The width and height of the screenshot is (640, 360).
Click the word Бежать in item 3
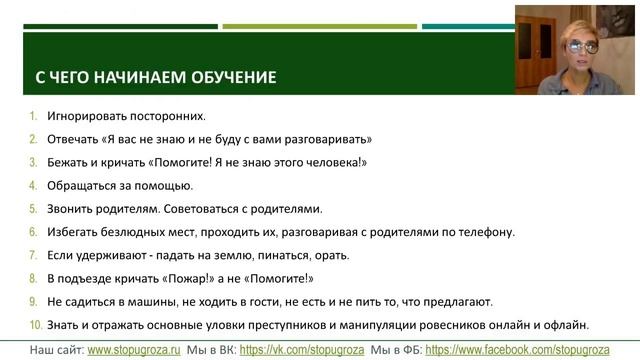[x=69, y=162]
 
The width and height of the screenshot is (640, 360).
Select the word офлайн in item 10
[x=589, y=324]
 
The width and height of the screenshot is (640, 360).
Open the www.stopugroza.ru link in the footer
[x=136, y=350]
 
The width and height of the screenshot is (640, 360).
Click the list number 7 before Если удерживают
[x=33, y=255]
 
